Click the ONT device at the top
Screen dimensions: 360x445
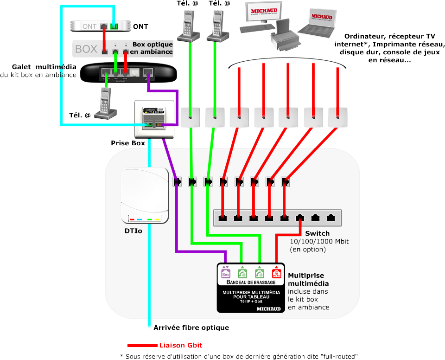100,26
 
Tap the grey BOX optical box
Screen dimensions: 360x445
100,48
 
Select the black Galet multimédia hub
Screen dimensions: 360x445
128,73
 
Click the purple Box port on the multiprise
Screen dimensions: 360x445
226,272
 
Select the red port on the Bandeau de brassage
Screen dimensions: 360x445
276,272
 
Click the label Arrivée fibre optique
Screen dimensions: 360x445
191,328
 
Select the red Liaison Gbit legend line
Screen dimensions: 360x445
142,346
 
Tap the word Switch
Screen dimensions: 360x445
317,233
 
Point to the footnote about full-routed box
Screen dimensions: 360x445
239,356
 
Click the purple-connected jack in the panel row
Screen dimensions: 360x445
177,181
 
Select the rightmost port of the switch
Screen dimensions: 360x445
331,217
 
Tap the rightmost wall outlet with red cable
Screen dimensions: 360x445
338,117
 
